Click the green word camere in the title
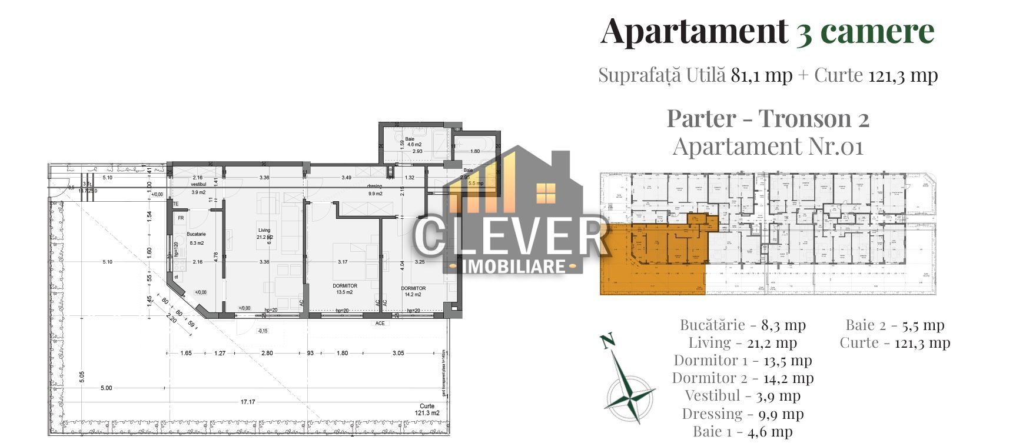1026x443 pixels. (x=877, y=31)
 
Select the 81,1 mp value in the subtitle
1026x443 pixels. (x=762, y=75)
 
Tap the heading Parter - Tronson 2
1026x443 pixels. (x=768, y=118)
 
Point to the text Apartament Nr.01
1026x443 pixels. (x=768, y=146)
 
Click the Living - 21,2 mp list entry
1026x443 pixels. (x=742, y=342)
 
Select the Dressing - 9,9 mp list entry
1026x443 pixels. (x=742, y=414)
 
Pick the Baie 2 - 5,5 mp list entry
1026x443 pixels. (x=895, y=325)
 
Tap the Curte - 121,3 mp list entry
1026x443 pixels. (x=895, y=342)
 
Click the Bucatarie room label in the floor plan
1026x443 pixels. (x=196, y=234)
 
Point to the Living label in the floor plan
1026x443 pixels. (x=264, y=230)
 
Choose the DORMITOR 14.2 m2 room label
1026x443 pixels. (x=413, y=291)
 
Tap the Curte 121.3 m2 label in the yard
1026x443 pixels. (x=427, y=409)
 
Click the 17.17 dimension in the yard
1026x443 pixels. (x=247, y=402)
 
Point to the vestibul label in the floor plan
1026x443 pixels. (x=197, y=185)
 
